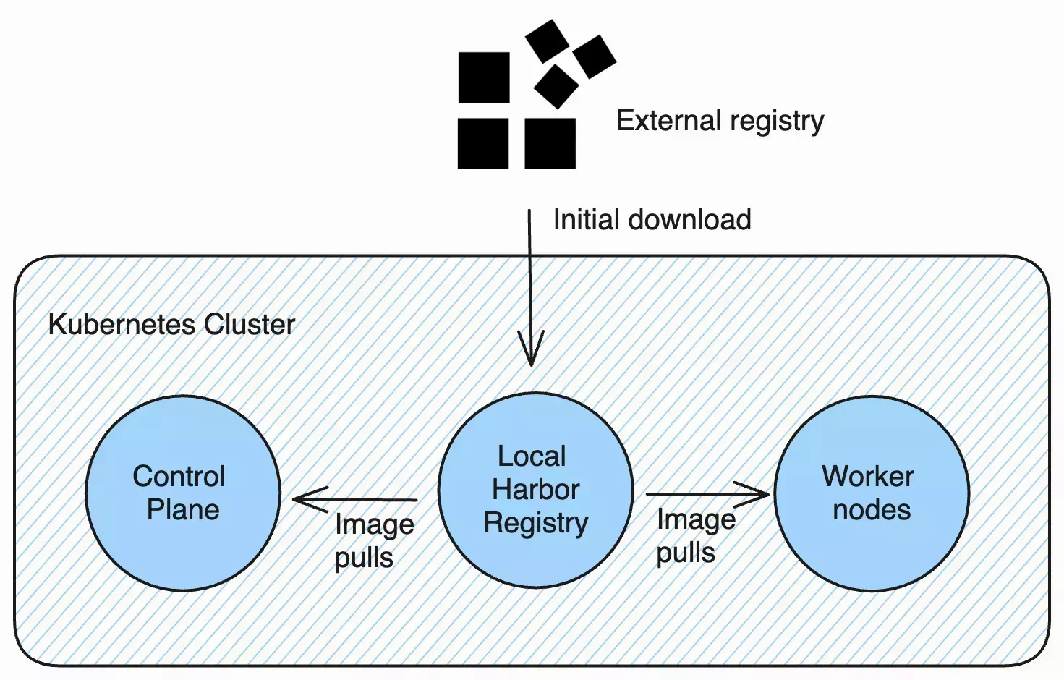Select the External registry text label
(x=720, y=121)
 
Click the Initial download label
(x=652, y=220)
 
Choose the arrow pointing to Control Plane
(x=354, y=499)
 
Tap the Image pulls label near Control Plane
(x=373, y=540)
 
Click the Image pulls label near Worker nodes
(x=694, y=536)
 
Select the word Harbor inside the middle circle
(x=535, y=490)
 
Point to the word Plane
(x=183, y=510)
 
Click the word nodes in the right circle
(x=871, y=510)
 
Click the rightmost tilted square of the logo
(x=594, y=56)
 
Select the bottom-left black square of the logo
(x=483, y=144)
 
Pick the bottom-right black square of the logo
(x=550, y=144)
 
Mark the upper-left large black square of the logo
(x=484, y=77)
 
